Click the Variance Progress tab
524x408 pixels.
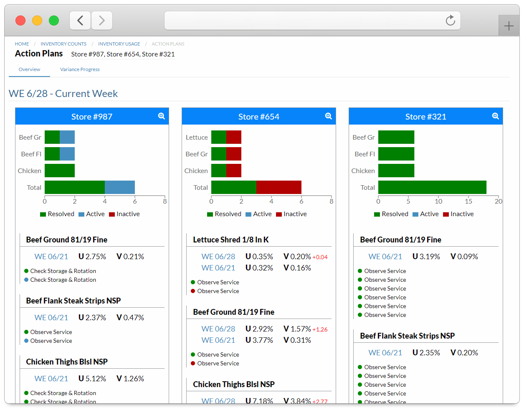[80, 69]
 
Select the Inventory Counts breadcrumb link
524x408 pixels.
[63, 44]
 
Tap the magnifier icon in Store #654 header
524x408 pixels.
[328, 116]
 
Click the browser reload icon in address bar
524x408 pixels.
[450, 20]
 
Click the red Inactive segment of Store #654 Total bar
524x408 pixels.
[278, 187]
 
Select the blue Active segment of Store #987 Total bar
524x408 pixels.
[119, 187]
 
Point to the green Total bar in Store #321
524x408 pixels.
[432, 187]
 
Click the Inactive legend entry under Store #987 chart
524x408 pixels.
[124, 214]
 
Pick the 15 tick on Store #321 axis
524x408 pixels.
[468, 201]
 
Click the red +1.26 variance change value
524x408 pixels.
[320, 329]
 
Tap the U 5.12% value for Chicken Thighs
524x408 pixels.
[92, 379]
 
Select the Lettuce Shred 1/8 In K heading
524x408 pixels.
[231, 240]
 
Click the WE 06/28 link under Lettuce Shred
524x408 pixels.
[218, 257]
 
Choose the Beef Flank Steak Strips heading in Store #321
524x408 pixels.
[407, 336]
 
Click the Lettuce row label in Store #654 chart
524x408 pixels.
[197, 137]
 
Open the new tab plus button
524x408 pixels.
[509, 26]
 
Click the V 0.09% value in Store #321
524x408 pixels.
[464, 257]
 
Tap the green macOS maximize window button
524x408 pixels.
[54, 20]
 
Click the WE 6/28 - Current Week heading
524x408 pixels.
[63, 94]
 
